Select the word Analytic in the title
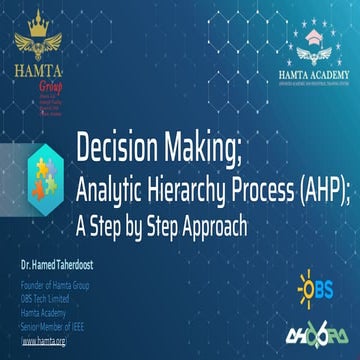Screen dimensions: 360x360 pos(113,186)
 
